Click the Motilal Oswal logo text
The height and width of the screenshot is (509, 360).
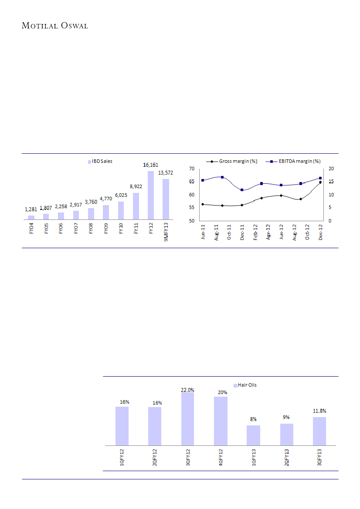(x=55, y=26)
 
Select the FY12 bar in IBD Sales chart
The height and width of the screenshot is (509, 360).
(x=151, y=195)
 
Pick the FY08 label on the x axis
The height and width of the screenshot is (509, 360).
(x=91, y=228)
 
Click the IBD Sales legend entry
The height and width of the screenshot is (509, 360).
(x=100, y=162)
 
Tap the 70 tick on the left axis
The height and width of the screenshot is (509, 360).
(x=191, y=169)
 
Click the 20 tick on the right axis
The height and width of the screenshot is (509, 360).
(x=331, y=169)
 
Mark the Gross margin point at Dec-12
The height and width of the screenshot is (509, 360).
(x=320, y=182)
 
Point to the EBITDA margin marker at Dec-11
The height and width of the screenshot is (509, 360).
(x=242, y=190)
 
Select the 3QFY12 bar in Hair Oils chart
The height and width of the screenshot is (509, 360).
(x=187, y=419)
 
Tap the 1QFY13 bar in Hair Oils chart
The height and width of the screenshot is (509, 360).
(x=253, y=435)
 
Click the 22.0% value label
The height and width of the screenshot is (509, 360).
(x=187, y=390)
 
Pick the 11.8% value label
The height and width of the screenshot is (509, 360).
(x=319, y=411)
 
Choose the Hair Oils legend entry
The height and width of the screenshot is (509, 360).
(x=247, y=385)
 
